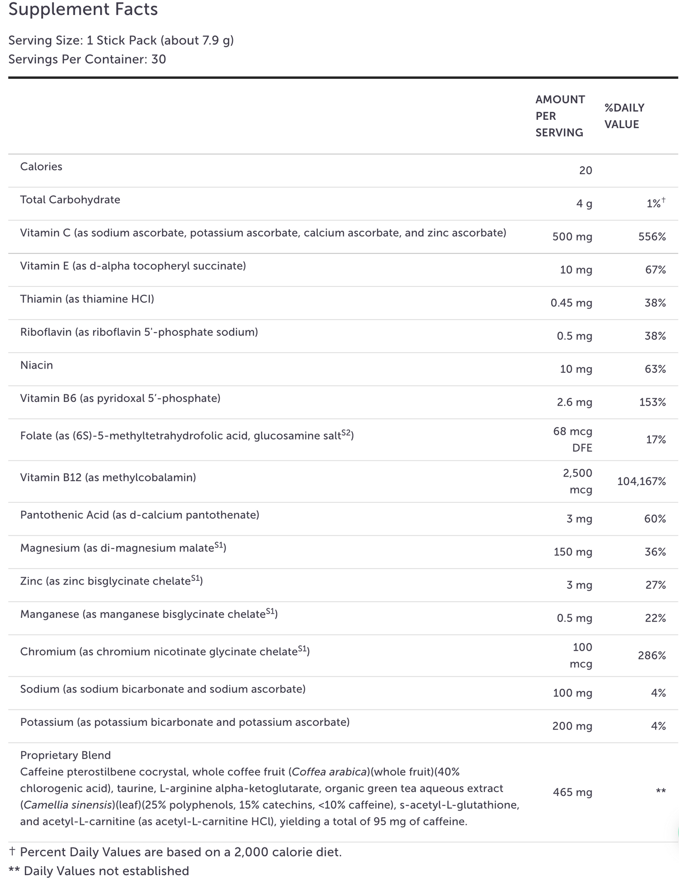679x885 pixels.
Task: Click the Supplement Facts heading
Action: (83, 9)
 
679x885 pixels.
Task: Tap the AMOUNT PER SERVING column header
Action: (560, 116)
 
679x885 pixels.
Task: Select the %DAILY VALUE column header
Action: (624, 116)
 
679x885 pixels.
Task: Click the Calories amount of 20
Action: (585, 170)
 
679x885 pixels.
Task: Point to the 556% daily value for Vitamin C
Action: (652, 237)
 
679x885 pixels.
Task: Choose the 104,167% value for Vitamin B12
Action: (641, 481)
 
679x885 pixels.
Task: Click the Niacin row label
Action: (37, 365)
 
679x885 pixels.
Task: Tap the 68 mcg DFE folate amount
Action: (573, 439)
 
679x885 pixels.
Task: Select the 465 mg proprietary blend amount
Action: (572, 793)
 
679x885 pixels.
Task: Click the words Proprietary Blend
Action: (65, 755)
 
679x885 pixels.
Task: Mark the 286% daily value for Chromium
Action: (652, 655)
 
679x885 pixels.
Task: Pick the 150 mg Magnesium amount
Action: (572, 552)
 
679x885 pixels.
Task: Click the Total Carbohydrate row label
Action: (70, 200)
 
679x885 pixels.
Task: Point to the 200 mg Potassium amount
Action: (572, 726)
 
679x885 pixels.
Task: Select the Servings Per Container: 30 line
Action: (87, 59)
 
